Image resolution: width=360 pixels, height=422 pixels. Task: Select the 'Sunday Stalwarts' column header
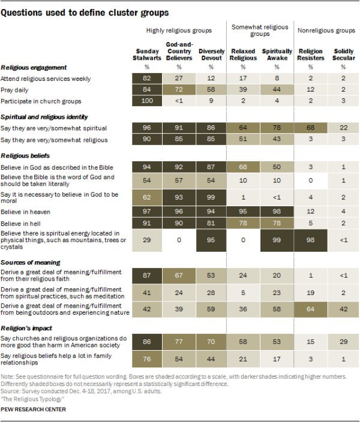[146, 55]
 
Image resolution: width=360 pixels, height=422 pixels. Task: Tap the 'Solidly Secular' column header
[343, 55]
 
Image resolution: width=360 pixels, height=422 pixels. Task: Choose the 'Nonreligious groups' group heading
[326, 31]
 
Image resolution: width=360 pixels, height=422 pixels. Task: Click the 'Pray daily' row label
[18, 90]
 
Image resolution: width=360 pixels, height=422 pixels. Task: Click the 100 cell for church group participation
[146, 101]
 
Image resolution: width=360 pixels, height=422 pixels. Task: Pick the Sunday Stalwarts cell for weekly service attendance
[146, 79]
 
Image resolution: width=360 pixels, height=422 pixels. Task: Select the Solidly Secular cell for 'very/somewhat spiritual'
[343, 128]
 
